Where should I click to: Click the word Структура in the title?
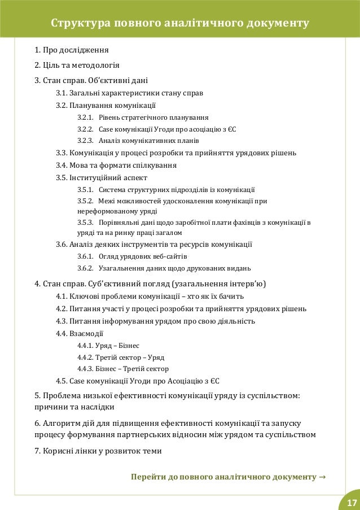(x=81, y=24)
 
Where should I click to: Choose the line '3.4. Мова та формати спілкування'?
(x=116, y=165)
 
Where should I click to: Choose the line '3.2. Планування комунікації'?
(x=107, y=105)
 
